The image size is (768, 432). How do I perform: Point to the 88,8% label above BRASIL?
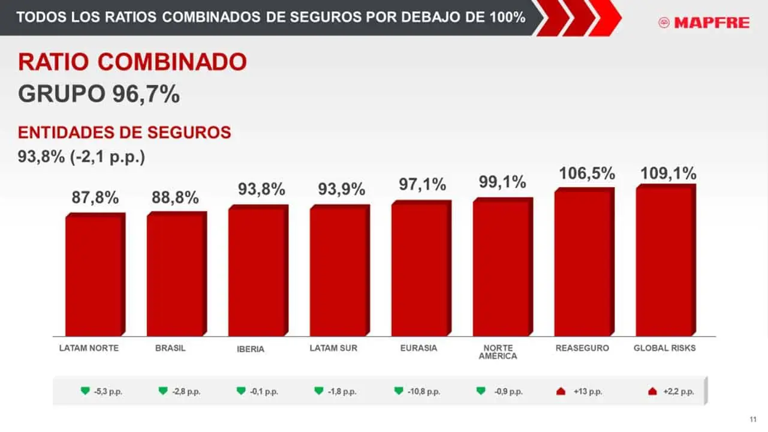tap(175, 197)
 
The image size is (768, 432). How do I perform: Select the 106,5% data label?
tap(587, 173)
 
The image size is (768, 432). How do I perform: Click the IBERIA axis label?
tap(251, 349)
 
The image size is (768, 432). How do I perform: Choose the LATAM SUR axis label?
tap(333, 348)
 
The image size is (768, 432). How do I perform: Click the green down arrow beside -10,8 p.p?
tap(399, 391)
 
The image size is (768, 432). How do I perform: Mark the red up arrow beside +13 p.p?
tap(562, 391)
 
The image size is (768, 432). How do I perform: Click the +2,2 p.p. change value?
tap(679, 391)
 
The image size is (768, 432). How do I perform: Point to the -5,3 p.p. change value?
tap(108, 391)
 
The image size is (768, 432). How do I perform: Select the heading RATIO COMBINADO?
tap(132, 62)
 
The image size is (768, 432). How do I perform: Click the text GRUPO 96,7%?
tap(99, 94)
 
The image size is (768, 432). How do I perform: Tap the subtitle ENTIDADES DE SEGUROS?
tap(125, 133)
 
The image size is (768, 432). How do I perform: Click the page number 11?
tap(753, 419)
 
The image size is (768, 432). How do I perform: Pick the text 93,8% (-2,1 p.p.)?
tap(82, 157)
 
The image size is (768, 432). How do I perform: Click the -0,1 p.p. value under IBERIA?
tap(264, 391)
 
